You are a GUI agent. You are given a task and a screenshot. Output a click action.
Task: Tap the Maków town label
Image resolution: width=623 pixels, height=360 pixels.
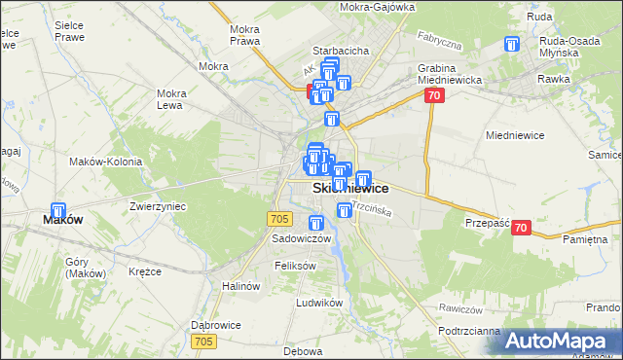(x=62, y=220)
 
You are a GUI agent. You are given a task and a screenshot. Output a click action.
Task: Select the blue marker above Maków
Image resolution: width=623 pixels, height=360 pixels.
(x=57, y=210)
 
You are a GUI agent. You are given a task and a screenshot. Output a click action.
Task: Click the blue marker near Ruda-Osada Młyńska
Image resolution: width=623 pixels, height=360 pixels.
(x=513, y=45)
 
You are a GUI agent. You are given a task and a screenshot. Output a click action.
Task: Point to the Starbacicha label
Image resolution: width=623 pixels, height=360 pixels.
(x=339, y=50)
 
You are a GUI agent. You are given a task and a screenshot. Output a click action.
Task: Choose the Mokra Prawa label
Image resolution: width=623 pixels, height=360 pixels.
(x=243, y=35)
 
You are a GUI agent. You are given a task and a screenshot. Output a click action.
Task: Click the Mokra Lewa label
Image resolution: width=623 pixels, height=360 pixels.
(x=171, y=99)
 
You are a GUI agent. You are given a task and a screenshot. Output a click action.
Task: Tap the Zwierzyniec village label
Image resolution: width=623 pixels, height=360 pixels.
(x=158, y=206)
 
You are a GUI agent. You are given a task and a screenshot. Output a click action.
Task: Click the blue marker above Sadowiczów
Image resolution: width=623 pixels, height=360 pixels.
(x=315, y=224)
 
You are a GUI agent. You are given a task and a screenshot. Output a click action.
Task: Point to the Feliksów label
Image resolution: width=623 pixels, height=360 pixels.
(x=296, y=266)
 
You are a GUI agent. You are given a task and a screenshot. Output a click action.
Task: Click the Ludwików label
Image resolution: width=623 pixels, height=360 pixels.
(x=320, y=303)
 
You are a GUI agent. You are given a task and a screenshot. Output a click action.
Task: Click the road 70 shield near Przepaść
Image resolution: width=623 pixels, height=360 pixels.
(x=520, y=228)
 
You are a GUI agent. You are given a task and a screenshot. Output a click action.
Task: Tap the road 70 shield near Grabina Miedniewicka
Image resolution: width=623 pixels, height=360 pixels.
(x=434, y=95)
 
